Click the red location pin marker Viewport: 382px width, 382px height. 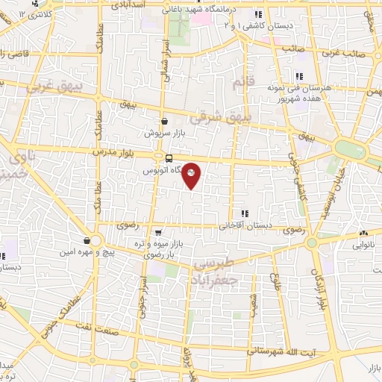click(x=191, y=175)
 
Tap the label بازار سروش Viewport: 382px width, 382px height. click(x=164, y=132)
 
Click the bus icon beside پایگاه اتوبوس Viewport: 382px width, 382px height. click(x=169, y=158)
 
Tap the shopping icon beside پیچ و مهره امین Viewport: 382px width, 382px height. click(x=89, y=240)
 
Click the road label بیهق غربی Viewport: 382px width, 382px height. click(x=48, y=87)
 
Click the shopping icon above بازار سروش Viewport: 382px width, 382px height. click(x=164, y=120)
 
